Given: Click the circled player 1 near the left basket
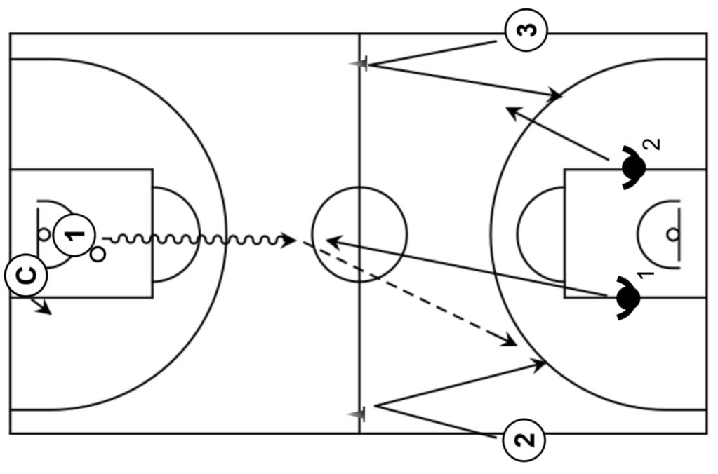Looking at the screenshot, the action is pyautogui.click(x=74, y=233).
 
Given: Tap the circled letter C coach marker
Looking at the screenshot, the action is pyautogui.click(x=26, y=275).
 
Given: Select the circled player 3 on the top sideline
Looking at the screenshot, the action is pyautogui.click(x=526, y=30).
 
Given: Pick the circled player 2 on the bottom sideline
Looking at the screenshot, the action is pyautogui.click(x=524, y=440).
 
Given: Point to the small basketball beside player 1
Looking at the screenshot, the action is pyautogui.click(x=98, y=254).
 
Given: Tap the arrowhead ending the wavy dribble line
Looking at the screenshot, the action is pyautogui.click(x=289, y=241).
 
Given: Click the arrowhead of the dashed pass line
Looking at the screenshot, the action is pyautogui.click(x=511, y=342).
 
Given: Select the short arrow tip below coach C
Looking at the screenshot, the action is pyautogui.click(x=48, y=311).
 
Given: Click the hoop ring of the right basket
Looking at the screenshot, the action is pyautogui.click(x=673, y=234).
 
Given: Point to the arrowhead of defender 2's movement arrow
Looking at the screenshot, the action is pyautogui.click(x=511, y=111).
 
